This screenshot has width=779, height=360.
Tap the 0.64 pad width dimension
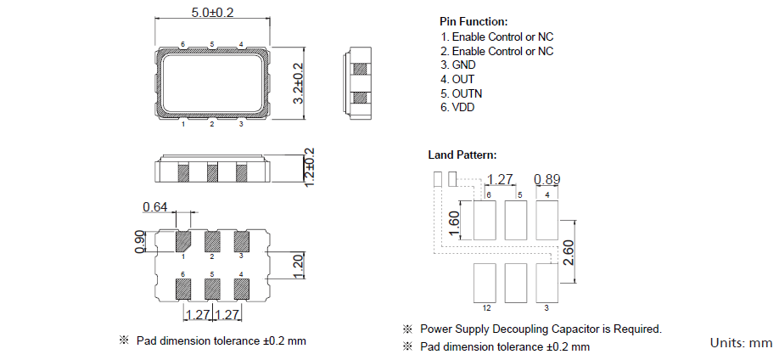click(155, 207)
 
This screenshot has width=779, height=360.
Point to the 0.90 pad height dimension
click(141, 242)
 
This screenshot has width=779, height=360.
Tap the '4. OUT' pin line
click(457, 79)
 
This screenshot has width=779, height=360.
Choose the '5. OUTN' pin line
click(462, 93)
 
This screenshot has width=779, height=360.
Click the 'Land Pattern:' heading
click(462, 155)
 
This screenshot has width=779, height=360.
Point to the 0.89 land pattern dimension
click(547, 179)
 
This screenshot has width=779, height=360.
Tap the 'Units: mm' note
click(741, 343)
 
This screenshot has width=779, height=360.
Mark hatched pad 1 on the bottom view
click(182, 241)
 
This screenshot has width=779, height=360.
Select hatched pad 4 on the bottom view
click(241, 286)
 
